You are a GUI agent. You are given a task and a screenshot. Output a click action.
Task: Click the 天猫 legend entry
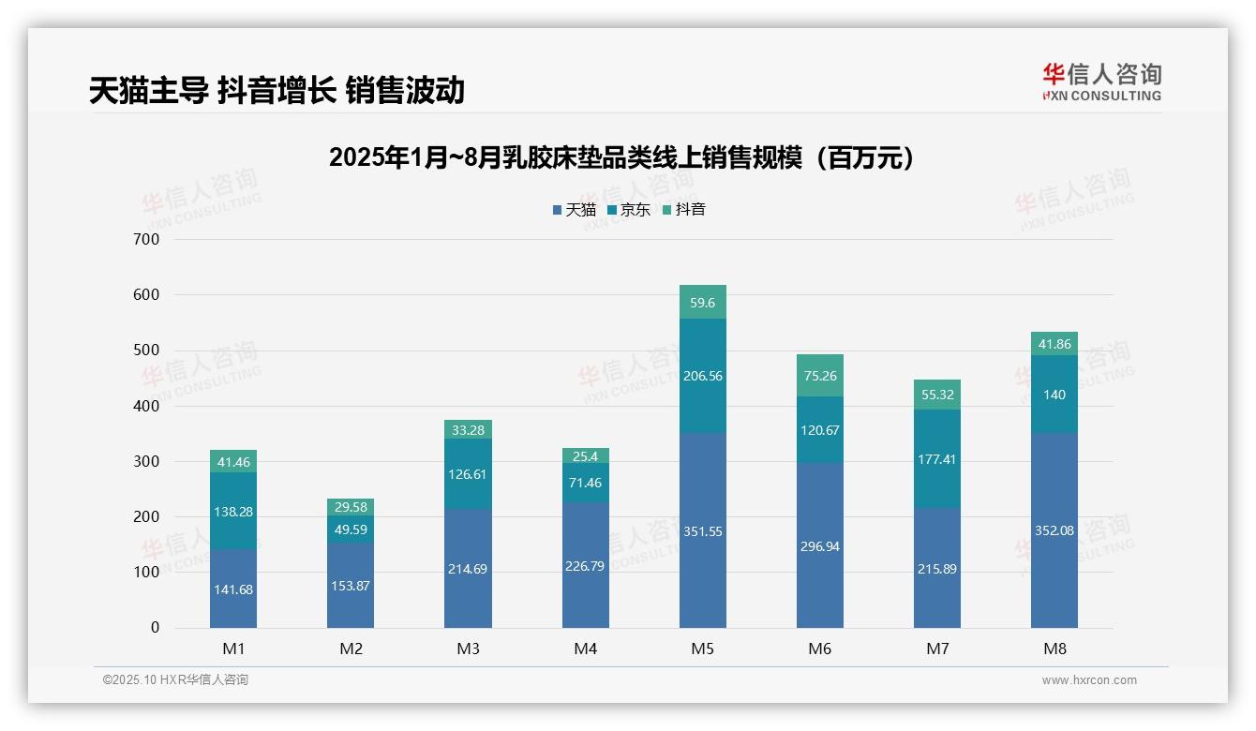pos(574,210)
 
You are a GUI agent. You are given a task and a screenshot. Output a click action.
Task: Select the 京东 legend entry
pos(629,210)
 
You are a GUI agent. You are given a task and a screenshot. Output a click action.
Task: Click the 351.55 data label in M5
pos(702,531)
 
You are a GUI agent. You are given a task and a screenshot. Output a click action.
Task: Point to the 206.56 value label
pos(702,376)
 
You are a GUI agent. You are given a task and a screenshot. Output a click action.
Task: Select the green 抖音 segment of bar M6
pos(819,375)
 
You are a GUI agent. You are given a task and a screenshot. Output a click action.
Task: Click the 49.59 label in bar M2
pos(351,530)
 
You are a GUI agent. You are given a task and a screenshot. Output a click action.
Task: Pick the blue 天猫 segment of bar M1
pos(233,588)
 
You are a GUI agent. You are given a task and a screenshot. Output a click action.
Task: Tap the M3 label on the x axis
pos(468,649)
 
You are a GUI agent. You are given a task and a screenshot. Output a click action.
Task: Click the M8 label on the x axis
pos(1054,649)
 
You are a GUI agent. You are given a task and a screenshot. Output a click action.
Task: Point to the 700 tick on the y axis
pos(147,239)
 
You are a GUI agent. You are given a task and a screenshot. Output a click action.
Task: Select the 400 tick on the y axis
pos(147,406)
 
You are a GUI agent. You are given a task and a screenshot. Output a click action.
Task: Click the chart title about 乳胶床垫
pos(621,157)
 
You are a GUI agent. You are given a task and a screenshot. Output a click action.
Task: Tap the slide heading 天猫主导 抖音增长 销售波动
pos(277,91)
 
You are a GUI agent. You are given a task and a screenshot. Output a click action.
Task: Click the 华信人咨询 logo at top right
pos(1101,82)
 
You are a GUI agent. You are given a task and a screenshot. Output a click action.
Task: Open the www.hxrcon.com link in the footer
pos(1088,680)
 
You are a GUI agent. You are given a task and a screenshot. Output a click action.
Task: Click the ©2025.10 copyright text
pos(175,680)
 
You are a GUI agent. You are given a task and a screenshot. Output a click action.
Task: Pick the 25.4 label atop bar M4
pos(585,456)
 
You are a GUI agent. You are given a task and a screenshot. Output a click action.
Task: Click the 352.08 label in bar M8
pos(1054,531)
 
